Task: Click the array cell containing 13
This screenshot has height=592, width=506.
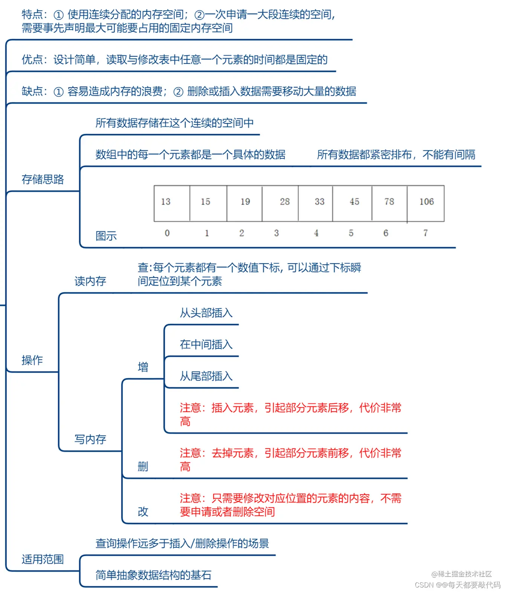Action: [x=172, y=203]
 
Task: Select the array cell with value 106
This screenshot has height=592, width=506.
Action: [x=426, y=203]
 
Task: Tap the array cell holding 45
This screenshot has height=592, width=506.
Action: [x=352, y=203]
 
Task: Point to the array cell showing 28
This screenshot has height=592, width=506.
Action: [x=280, y=203]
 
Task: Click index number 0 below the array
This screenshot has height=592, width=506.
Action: [x=167, y=233]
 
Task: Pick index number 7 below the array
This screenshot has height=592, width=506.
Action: [x=425, y=233]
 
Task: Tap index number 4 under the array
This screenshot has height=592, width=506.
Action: [x=316, y=233]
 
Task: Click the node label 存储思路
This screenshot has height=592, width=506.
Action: [x=43, y=179]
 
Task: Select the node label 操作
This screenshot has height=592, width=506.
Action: [x=32, y=360]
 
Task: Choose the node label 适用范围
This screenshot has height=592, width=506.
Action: [x=43, y=559]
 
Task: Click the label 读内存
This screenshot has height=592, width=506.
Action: [x=90, y=281]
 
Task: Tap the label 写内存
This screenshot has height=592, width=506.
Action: [x=90, y=439]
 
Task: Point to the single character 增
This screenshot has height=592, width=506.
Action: [x=143, y=367]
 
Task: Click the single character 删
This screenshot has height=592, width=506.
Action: [x=143, y=467]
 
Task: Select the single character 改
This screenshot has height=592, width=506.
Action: [x=143, y=512]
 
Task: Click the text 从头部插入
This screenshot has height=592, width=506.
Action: [x=206, y=313]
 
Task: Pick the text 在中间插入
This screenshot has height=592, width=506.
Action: [x=206, y=344]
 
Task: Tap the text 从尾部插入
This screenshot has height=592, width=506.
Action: [x=206, y=376]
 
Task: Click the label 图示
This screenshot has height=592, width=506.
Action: [x=106, y=236]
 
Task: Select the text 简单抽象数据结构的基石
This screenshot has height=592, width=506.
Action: [x=153, y=575]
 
